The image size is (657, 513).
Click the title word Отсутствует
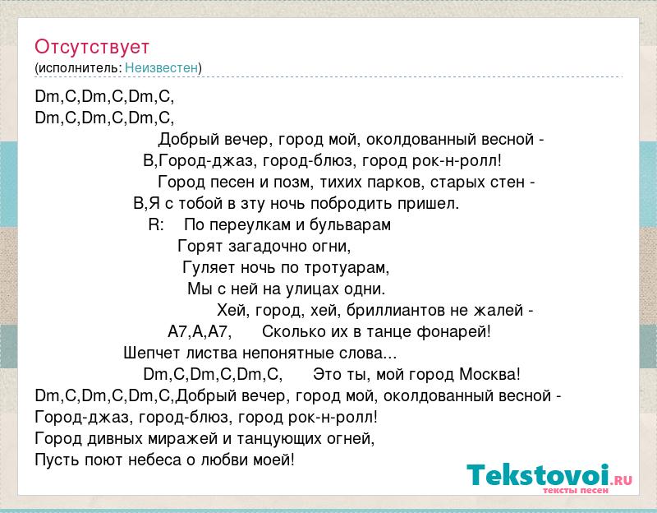92,47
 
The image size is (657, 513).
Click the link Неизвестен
161,67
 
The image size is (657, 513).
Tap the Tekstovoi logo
549,478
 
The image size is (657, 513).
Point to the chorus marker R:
156,224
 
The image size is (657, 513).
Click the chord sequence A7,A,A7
200,332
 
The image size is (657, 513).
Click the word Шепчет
152,354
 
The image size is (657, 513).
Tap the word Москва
489,374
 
